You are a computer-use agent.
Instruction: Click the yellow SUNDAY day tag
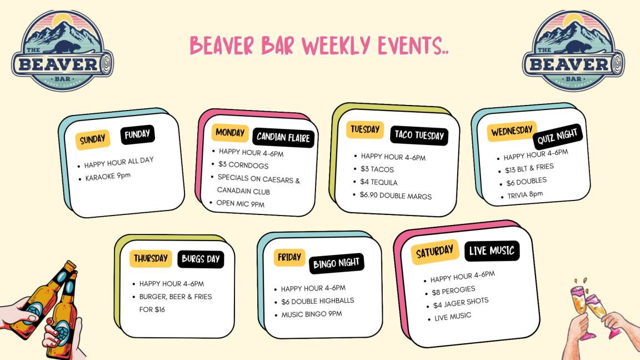(93, 139)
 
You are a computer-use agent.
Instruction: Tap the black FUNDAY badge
(138, 134)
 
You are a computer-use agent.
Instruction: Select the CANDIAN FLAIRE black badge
(283, 138)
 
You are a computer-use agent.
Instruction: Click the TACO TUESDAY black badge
(419, 136)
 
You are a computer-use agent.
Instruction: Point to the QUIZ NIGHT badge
(558, 137)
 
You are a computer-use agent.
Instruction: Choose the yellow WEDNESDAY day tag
(512, 131)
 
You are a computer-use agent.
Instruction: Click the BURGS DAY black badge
(201, 259)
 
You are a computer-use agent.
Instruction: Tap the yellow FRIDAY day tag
(289, 258)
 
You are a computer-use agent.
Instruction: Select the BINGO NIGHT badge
(336, 264)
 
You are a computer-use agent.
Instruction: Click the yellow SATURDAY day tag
(434, 252)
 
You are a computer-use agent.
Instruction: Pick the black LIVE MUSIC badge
(492, 251)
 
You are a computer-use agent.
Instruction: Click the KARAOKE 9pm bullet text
(108, 177)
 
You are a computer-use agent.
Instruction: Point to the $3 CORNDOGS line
(243, 165)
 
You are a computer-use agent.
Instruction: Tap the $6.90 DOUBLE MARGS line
(396, 196)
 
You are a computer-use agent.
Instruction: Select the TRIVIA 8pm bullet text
(525, 194)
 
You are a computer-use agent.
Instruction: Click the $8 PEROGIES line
(453, 291)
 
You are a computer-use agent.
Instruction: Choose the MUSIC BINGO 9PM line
(312, 314)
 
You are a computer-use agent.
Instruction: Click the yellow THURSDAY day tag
(151, 258)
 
